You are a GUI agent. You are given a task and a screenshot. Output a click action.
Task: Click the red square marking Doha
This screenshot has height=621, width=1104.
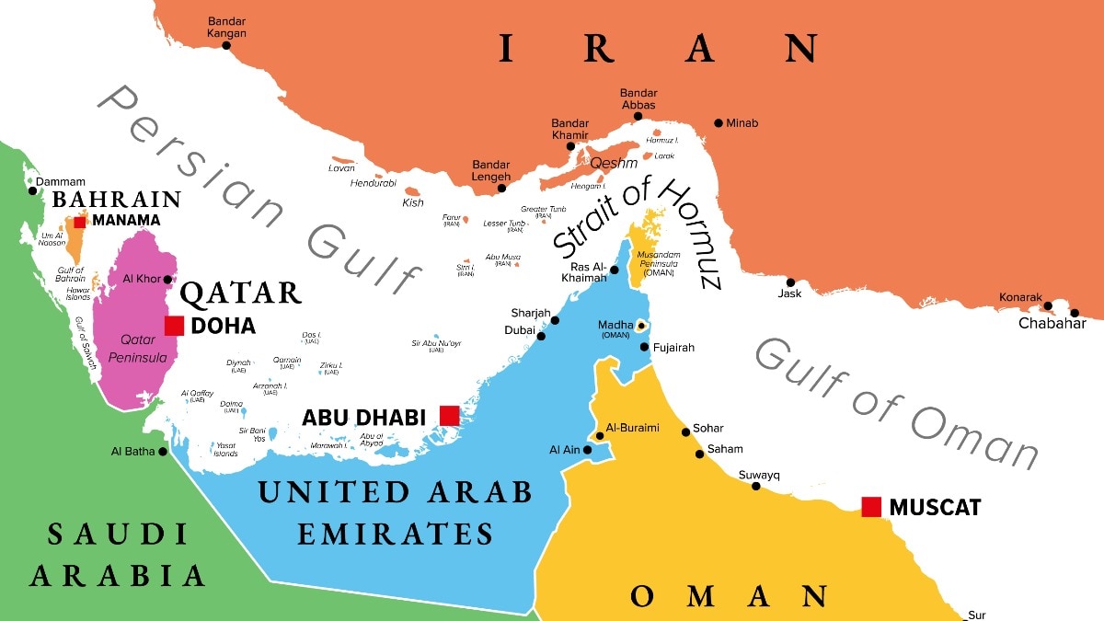174,326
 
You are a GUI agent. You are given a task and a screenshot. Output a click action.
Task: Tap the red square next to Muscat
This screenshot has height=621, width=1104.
871,506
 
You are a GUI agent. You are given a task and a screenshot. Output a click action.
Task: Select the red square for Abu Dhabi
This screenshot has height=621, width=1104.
449,416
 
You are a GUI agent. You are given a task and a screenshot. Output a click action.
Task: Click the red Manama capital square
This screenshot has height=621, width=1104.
80,221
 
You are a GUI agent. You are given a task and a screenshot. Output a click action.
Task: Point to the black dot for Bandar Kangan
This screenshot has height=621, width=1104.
226,45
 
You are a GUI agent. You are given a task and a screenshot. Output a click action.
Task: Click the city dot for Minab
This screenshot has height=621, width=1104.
719,122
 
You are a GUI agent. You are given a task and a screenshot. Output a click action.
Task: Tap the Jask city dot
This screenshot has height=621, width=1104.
790,282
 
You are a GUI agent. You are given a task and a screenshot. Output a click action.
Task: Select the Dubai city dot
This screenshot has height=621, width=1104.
542,337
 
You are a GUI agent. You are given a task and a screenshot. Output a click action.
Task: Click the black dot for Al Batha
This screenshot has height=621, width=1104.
163,451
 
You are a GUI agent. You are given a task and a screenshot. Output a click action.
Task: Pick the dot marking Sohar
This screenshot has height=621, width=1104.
685,431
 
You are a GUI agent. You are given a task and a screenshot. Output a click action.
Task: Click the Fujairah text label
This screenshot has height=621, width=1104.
673,348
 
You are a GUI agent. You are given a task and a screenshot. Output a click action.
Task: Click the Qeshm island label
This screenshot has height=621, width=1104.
613,162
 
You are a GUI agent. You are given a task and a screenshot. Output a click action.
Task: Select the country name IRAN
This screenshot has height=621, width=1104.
658,48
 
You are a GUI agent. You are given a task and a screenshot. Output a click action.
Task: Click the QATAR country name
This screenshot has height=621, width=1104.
241,293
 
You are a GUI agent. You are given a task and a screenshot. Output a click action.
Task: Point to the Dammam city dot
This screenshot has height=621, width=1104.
33,191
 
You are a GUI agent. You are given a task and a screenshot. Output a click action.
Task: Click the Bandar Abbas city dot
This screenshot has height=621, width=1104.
637,117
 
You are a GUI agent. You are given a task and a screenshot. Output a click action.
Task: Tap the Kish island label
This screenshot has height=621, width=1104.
413,202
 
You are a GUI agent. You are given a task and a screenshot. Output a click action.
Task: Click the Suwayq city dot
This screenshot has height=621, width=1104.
756,486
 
